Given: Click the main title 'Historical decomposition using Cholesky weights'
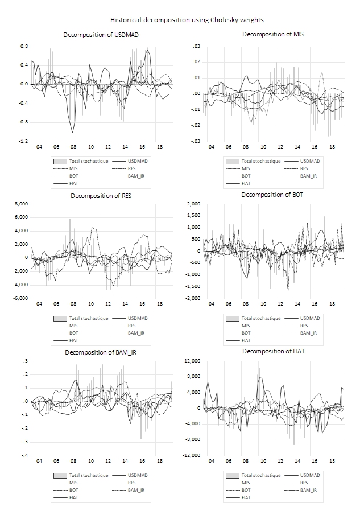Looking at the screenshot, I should coord(180,20).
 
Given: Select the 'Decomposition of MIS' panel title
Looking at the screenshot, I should coord(273,35).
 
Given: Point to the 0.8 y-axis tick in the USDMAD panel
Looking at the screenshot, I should coord(24,46).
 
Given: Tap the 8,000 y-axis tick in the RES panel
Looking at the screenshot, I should coord(21,204).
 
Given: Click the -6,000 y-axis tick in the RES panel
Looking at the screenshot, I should coord(20,298).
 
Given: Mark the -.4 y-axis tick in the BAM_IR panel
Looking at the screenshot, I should coord(24,455).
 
